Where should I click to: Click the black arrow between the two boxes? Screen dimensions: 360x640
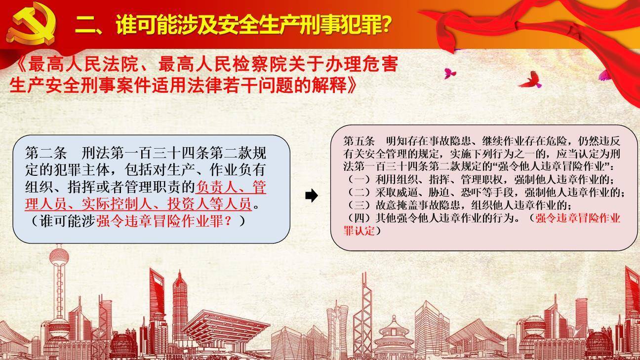pos(311,196)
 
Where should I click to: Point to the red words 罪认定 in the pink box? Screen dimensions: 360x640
pos(359,231)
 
